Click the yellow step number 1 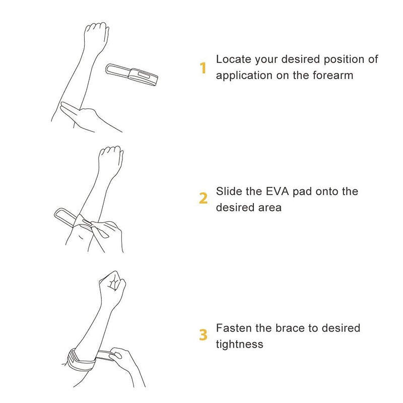pyautogui.click(x=203, y=68)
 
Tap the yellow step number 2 pyautogui.click(x=203, y=198)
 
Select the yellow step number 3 pyautogui.click(x=203, y=334)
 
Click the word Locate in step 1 pyautogui.click(x=232, y=59)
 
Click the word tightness pyautogui.click(x=239, y=345)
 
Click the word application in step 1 pyautogui.click(x=243, y=75)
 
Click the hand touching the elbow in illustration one pyautogui.click(x=86, y=115)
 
